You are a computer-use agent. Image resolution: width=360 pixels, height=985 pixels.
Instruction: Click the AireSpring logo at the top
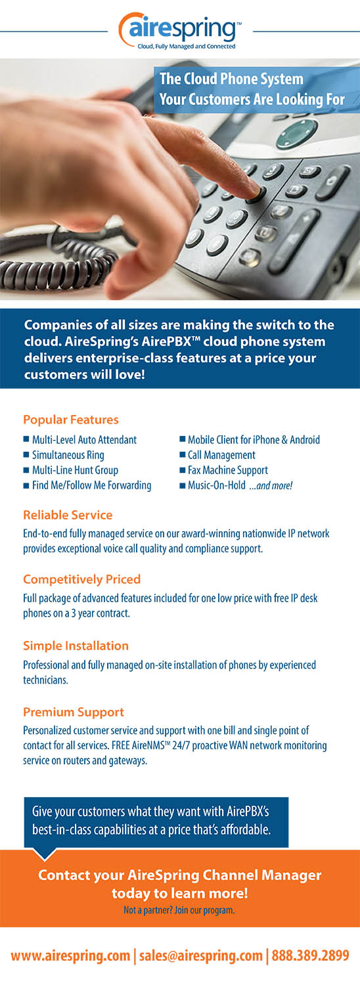(179, 31)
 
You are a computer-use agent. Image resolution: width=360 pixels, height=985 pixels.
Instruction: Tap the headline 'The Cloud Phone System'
(231, 79)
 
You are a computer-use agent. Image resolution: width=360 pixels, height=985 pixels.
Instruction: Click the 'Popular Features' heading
(71, 420)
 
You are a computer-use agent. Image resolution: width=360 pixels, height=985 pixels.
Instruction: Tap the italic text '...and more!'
(271, 485)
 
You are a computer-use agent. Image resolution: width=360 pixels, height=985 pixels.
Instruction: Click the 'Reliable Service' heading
(68, 515)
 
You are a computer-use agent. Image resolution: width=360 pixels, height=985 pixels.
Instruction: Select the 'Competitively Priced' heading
(82, 579)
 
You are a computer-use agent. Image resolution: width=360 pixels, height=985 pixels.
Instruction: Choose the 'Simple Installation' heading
(76, 646)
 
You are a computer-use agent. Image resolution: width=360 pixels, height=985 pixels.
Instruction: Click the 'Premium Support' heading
(74, 712)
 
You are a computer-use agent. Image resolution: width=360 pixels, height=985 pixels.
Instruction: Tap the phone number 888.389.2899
(310, 955)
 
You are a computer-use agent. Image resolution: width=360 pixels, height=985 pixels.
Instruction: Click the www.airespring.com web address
(70, 956)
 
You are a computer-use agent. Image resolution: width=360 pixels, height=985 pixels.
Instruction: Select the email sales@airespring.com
(200, 956)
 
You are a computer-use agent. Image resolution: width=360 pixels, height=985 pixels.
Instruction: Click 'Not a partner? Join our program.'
(179, 909)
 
